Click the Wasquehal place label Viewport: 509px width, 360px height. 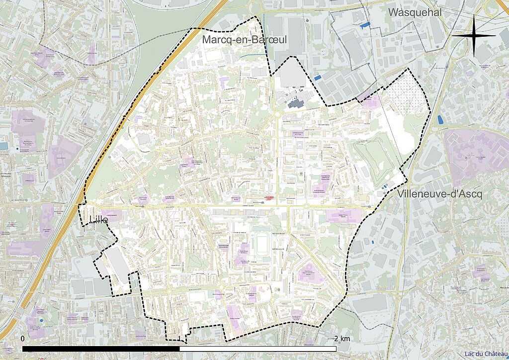415,12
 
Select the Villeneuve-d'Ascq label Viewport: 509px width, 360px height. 440,194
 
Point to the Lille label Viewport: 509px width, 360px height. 97,220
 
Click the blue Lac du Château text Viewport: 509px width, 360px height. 486,354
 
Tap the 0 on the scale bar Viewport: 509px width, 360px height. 23,338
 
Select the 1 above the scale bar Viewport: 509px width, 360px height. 179,338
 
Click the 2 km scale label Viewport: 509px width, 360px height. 341,338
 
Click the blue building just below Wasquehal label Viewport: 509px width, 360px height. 365,24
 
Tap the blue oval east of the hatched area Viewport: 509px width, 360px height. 440,119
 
